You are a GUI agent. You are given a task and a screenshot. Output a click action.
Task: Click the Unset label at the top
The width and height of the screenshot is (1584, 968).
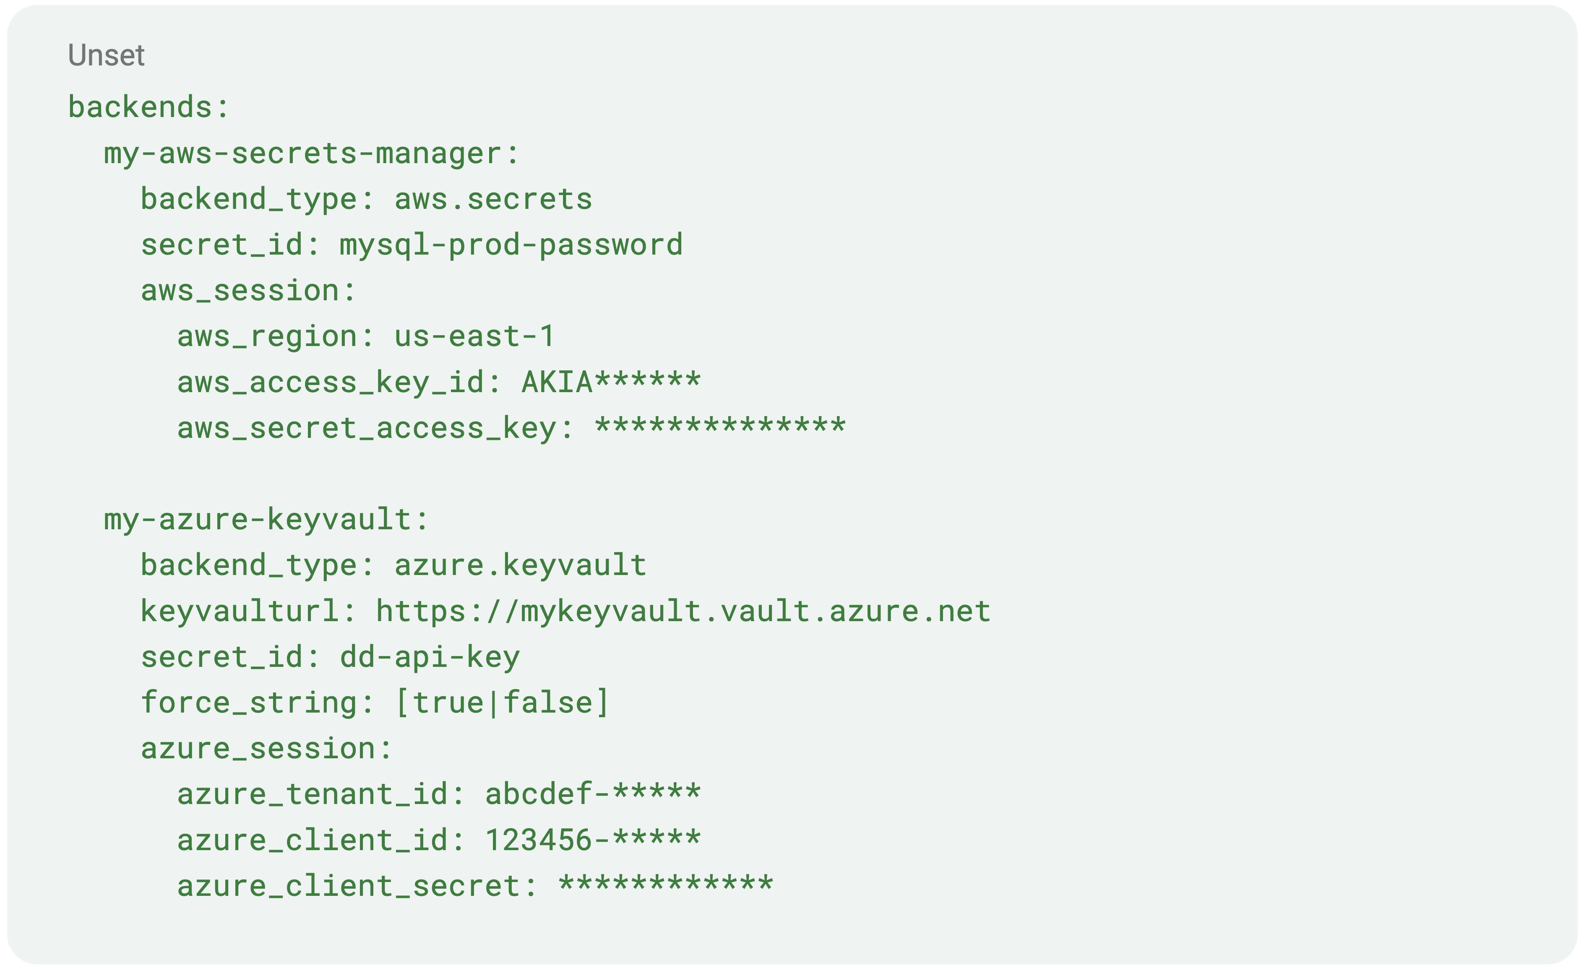[x=106, y=55]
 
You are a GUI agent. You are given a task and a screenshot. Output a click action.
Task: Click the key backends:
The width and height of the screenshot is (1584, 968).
[x=148, y=107]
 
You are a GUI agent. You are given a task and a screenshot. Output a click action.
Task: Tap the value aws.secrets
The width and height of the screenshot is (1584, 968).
[x=493, y=199]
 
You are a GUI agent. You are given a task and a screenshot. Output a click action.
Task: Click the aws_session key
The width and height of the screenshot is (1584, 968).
[x=247, y=291]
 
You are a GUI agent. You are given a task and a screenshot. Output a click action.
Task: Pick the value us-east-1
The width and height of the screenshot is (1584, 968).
[x=474, y=336]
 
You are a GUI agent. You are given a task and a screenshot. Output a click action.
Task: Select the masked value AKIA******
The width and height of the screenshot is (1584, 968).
[x=611, y=382]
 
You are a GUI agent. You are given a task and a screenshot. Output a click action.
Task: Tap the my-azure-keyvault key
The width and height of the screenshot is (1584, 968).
[x=266, y=519]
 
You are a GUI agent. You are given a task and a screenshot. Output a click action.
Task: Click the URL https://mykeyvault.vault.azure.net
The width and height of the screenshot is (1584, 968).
[x=683, y=611]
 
